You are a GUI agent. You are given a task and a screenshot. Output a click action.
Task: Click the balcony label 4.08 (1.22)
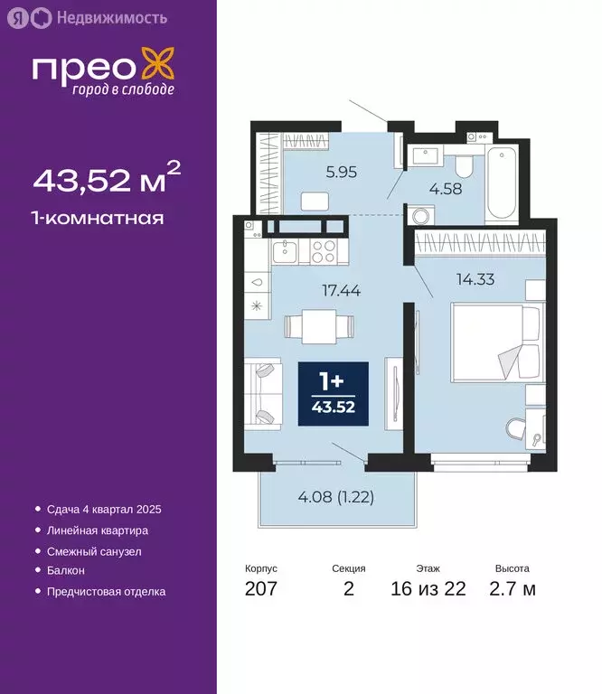click(x=336, y=496)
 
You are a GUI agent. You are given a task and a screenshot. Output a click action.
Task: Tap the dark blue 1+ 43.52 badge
click(x=334, y=394)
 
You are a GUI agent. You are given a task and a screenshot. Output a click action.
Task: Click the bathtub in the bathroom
click(x=500, y=184)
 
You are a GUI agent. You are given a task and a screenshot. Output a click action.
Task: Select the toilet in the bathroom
click(x=463, y=164)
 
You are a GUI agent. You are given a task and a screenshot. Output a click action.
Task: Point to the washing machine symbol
click(x=421, y=216)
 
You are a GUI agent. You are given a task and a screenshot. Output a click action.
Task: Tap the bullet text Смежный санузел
click(x=93, y=550)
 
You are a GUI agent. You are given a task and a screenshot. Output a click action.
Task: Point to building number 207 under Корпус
click(x=261, y=590)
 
